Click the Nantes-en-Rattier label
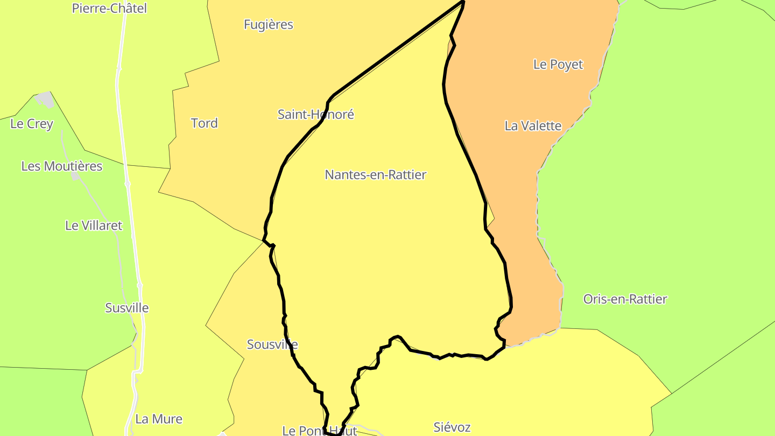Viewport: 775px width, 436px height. tap(376, 175)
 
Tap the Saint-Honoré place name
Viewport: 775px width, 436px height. tap(316, 115)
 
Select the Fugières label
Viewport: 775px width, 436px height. tap(269, 25)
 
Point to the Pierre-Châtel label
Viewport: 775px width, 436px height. tap(109, 9)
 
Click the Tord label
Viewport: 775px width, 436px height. tap(205, 123)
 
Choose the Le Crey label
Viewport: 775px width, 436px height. tap(32, 124)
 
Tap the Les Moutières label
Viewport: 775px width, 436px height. tap(62, 166)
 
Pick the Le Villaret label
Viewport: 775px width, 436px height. tap(94, 226)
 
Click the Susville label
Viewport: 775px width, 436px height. tap(127, 308)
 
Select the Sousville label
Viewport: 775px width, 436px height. tap(272, 344)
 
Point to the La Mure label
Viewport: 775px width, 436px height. tap(159, 419)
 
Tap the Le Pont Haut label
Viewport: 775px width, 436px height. tap(320, 431)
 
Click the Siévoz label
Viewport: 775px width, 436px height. tap(452, 428)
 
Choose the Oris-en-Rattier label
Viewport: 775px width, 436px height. tap(625, 299)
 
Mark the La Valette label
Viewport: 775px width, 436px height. tap(533, 126)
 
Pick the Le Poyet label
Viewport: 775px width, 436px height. tap(558, 65)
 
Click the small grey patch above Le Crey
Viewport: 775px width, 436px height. tap(45, 99)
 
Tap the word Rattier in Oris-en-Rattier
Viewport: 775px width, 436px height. tap(647, 299)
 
